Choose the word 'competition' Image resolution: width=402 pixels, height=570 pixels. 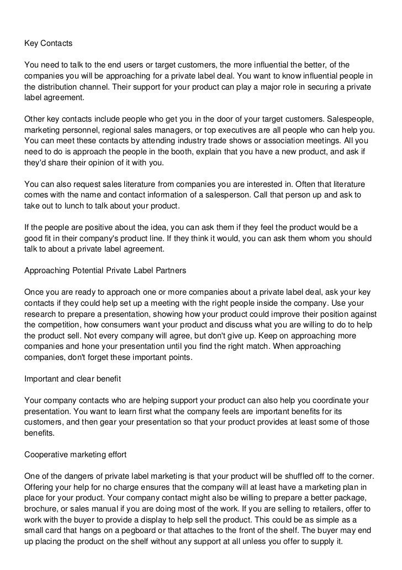click(x=61, y=324)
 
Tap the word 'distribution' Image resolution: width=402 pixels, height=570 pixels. click(x=61, y=87)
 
